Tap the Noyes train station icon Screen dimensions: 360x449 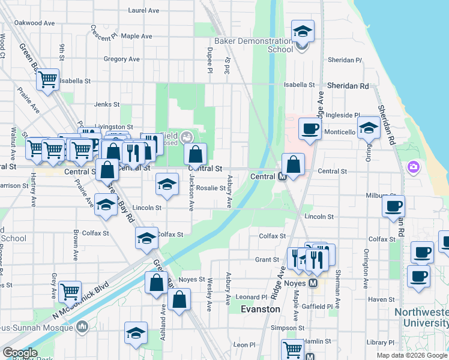pyautogui.click(x=313, y=284)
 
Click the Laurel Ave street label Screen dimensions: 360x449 pyautogui.click(x=144, y=10)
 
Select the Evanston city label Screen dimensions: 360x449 pyautogui.click(x=261, y=309)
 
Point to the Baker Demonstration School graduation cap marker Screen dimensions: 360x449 pyautogui.click(x=303, y=31)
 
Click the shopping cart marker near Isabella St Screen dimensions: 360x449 pyautogui.click(x=47, y=79)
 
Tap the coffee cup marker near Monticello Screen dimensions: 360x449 pyautogui.click(x=310, y=128)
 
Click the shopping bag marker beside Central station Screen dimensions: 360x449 pyautogui.click(x=293, y=164)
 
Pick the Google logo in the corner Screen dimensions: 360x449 pyautogui.click(x=19, y=353)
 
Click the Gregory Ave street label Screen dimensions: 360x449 pyautogui.click(x=121, y=59)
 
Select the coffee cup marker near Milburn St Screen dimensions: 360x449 pyautogui.click(x=393, y=206)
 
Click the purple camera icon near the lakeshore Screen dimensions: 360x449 pyautogui.click(x=413, y=166)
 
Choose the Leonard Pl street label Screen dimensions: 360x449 pyautogui.click(x=251, y=297)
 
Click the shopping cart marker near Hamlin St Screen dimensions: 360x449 pyautogui.click(x=292, y=348)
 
